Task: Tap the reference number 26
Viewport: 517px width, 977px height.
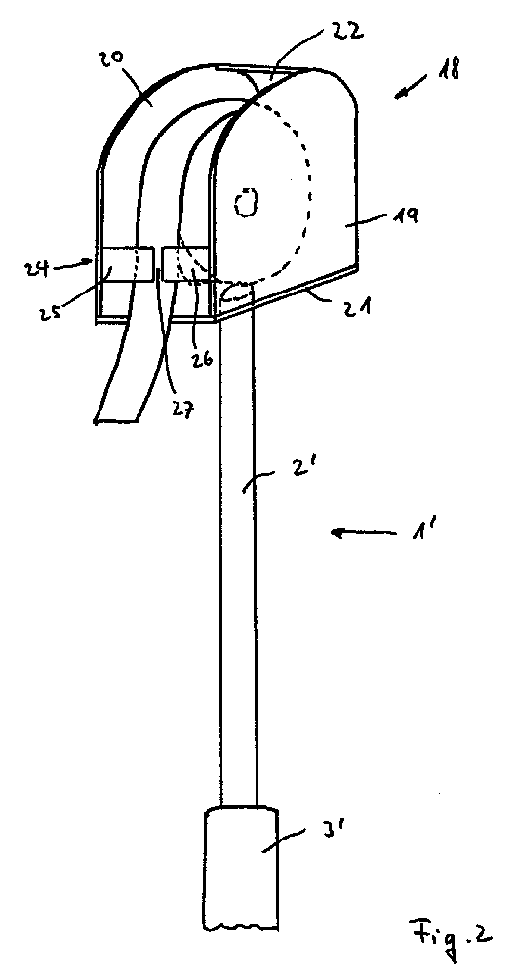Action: point(203,360)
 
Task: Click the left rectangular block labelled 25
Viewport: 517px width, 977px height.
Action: point(125,263)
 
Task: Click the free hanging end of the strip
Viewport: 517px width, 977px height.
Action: point(116,421)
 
